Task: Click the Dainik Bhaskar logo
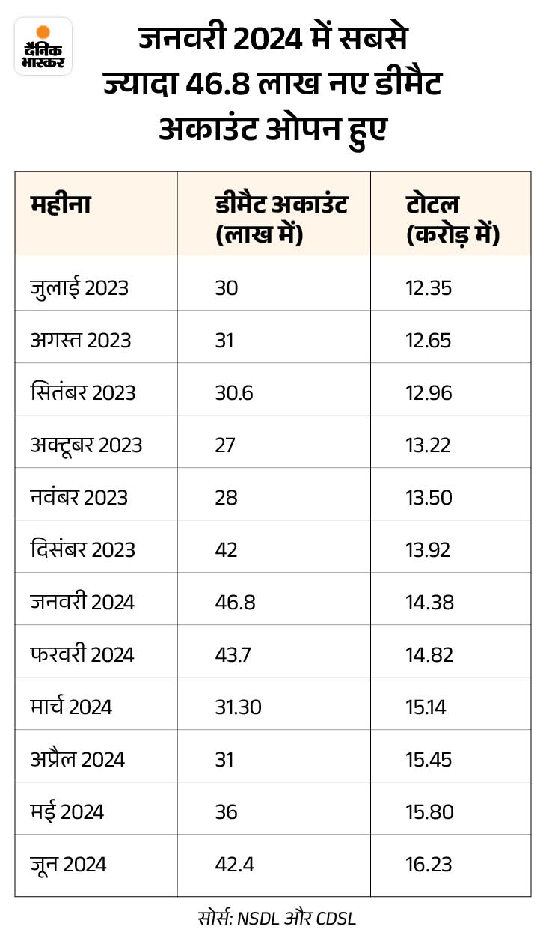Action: point(43,46)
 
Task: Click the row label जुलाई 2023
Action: point(79,288)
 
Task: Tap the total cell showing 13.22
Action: point(429,445)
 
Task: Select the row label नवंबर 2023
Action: point(79,497)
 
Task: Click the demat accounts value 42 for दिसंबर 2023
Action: point(226,549)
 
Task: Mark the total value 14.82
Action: point(429,654)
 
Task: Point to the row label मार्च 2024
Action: point(71,707)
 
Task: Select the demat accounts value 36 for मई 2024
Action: point(226,811)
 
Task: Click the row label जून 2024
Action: point(69,865)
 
